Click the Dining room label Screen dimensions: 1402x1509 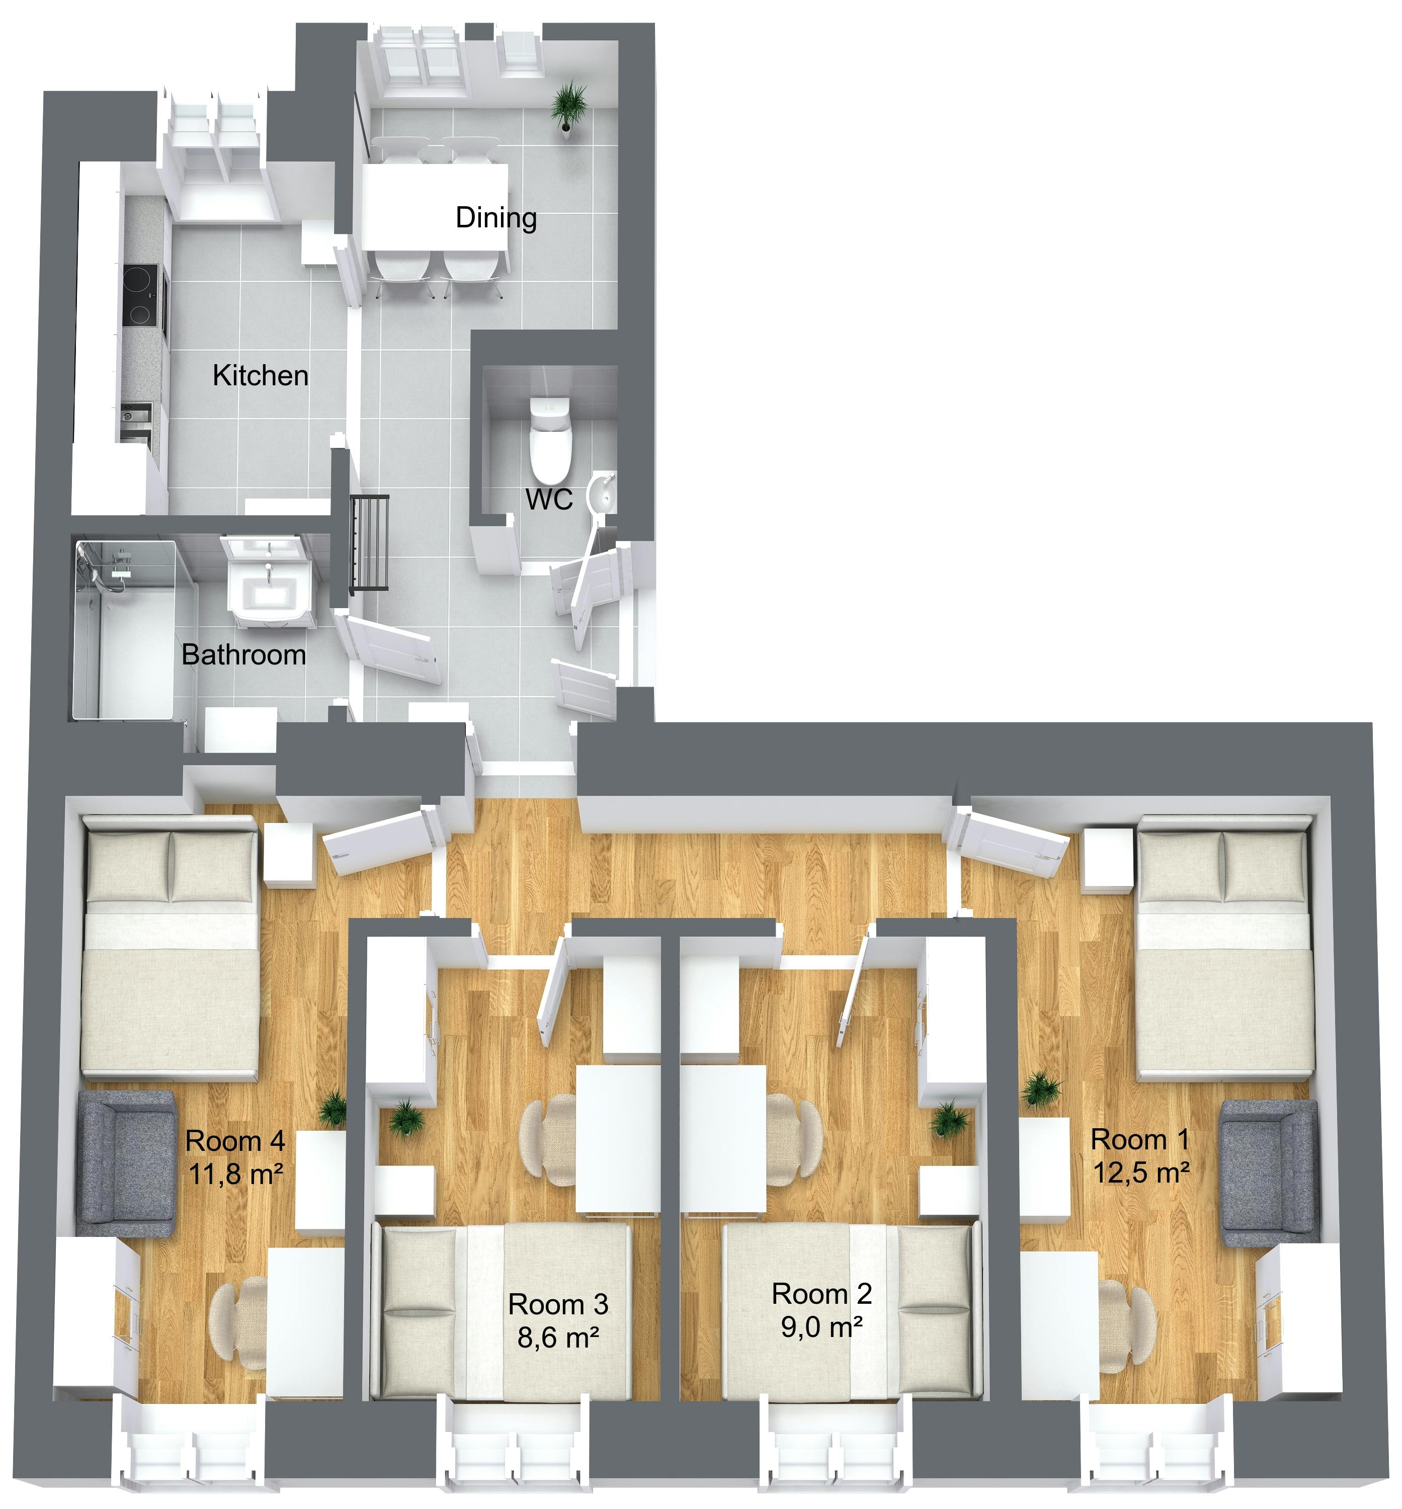(496, 218)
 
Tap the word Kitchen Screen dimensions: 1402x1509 (260, 376)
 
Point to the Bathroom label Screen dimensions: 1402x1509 (243, 655)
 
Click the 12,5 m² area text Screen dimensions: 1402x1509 (1141, 1173)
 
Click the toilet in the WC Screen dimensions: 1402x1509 (550, 440)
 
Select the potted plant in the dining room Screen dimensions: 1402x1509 (568, 108)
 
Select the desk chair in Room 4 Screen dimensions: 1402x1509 (238, 1321)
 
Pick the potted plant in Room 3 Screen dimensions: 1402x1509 (408, 1118)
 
